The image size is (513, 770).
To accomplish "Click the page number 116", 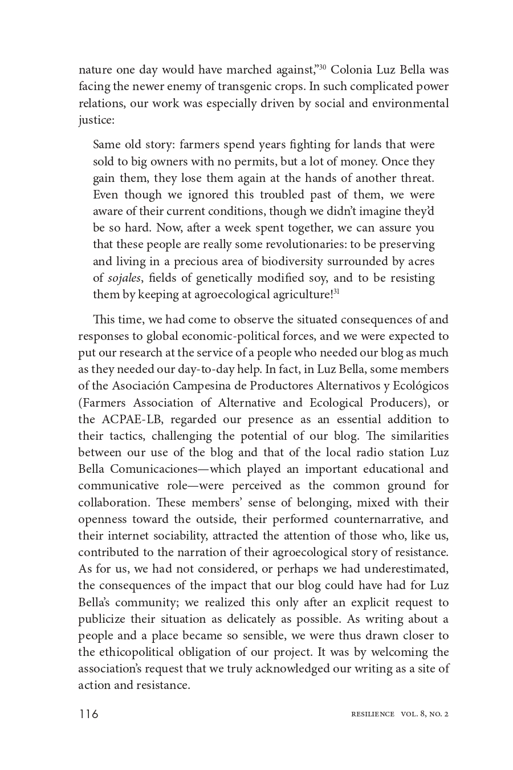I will point(88,714).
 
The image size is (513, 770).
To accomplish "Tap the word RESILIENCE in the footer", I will point(373,714).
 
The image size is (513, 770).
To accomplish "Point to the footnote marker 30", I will point(322,67).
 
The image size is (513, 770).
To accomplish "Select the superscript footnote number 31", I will point(336,292).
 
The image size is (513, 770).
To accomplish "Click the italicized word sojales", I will point(124,278).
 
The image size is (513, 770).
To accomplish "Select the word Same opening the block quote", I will point(107,145).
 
